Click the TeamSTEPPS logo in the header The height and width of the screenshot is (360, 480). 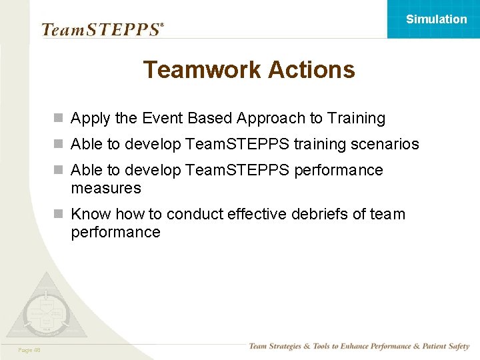click(x=102, y=29)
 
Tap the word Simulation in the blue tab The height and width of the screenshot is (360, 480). click(x=437, y=19)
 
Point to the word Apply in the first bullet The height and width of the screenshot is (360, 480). click(x=91, y=119)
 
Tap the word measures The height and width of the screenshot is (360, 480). click(x=106, y=189)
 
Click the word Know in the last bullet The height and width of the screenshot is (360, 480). click(x=91, y=214)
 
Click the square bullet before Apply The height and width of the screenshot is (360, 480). click(x=59, y=119)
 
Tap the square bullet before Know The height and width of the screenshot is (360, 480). click(x=59, y=214)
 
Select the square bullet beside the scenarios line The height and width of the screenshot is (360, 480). click(x=59, y=144)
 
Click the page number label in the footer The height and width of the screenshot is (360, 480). click(x=29, y=350)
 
